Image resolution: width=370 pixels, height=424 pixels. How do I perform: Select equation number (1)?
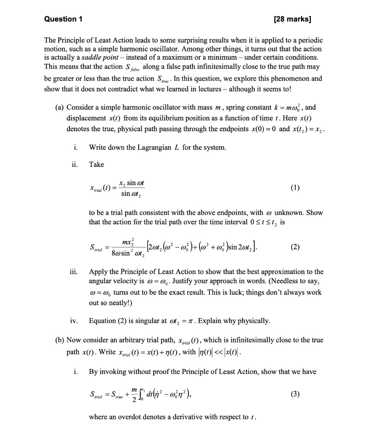tap(295, 187)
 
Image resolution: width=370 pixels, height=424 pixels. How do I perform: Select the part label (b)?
tap(60, 340)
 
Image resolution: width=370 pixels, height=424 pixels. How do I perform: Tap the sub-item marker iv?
tap(73, 321)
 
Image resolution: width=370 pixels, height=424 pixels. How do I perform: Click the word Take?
tap(96, 164)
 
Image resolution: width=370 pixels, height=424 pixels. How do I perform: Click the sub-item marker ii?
tap(74, 164)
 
